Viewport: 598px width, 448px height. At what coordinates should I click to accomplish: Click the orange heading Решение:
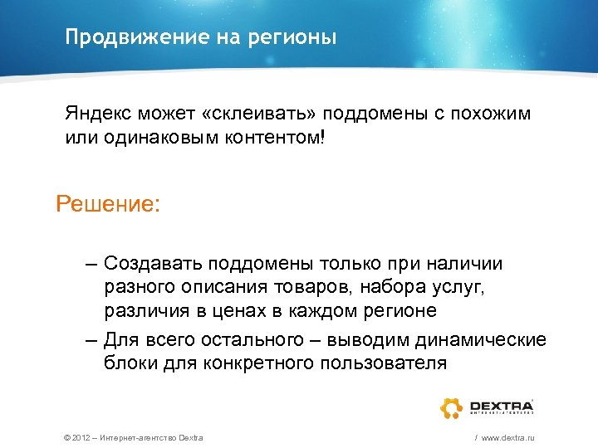108,203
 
